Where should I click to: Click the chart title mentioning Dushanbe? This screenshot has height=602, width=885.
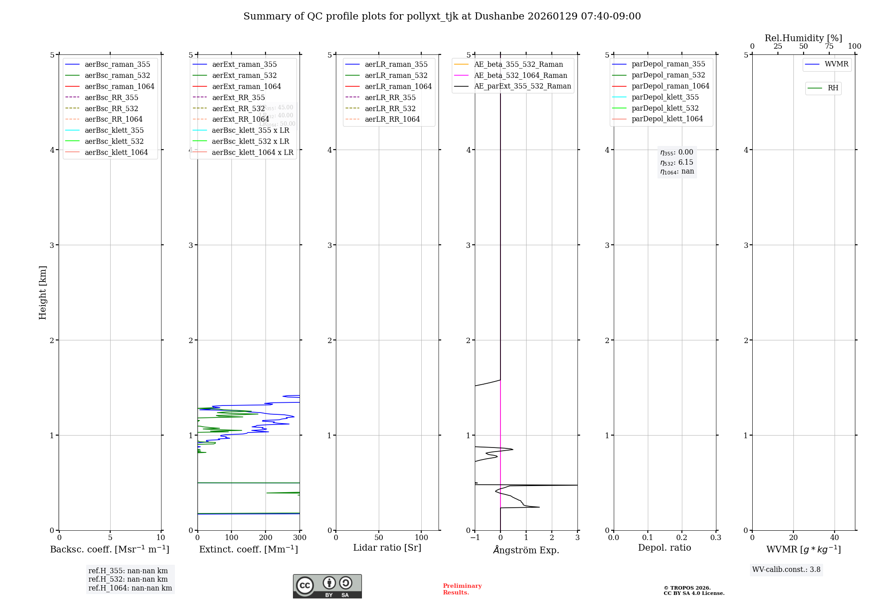pos(442,16)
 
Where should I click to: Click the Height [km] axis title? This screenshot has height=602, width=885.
pos(42,292)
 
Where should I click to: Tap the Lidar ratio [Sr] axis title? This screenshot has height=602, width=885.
pos(387,548)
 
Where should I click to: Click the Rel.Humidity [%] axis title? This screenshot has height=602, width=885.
pos(803,38)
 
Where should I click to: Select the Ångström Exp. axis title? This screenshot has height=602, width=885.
pos(526,550)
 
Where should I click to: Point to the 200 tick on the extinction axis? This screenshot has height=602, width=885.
pos(265,537)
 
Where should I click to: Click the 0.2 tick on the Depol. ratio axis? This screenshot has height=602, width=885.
pos(682,537)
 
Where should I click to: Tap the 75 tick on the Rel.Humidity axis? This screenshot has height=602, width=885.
pos(829,46)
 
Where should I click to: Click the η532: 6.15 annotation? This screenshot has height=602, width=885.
pos(677,162)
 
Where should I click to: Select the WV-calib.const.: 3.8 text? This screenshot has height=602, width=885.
pos(786,570)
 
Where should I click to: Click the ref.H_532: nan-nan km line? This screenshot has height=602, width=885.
pos(128,579)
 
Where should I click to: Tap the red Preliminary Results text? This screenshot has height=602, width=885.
pos(462,589)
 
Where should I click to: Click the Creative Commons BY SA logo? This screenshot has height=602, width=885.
pos(327,586)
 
